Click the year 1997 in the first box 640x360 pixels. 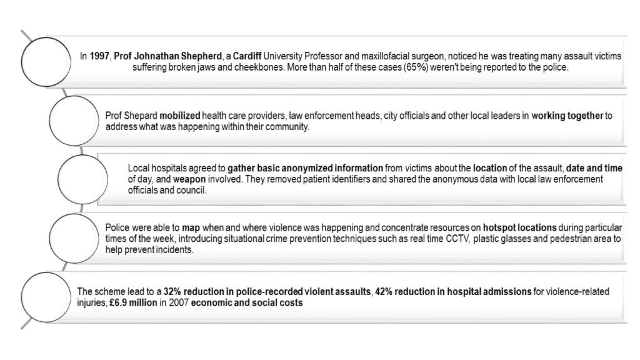coord(99,56)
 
